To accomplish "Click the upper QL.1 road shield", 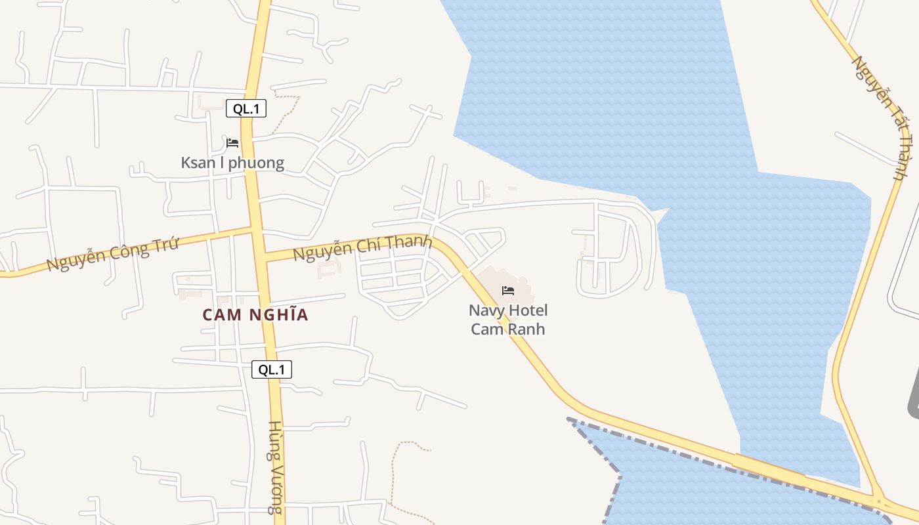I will [x=246, y=109].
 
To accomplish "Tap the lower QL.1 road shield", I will [x=272, y=369].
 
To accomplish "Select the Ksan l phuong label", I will [x=232, y=163].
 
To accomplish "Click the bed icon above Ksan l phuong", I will [x=232, y=142].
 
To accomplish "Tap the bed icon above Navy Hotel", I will [x=508, y=290].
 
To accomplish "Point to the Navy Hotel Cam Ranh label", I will [x=508, y=320].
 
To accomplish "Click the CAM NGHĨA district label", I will [x=255, y=315].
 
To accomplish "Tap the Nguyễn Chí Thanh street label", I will [x=362, y=247].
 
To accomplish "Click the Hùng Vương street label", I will [x=276, y=467].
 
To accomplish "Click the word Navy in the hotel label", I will [x=486, y=310].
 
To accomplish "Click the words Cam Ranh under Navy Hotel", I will [x=508, y=329].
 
